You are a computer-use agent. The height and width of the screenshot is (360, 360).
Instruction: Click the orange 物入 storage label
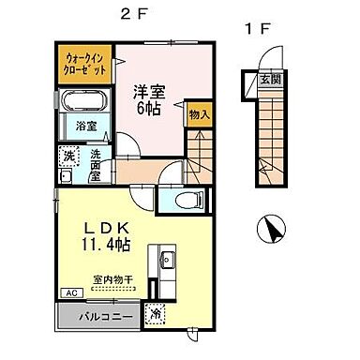tap(199, 114)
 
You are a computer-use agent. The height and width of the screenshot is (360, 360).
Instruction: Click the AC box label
tap(71, 292)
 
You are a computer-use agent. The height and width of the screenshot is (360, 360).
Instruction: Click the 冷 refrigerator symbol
tap(157, 314)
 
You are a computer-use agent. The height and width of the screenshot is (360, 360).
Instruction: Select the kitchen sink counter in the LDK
tap(166, 267)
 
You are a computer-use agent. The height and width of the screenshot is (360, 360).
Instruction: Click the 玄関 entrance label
tap(272, 79)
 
